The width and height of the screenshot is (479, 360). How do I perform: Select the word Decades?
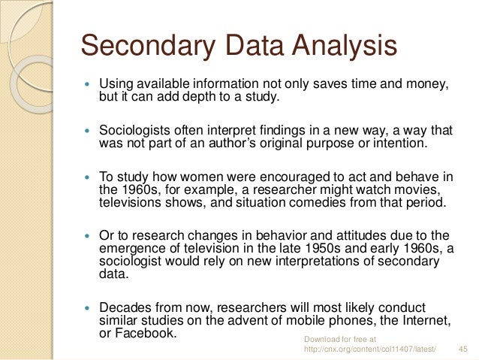125,308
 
